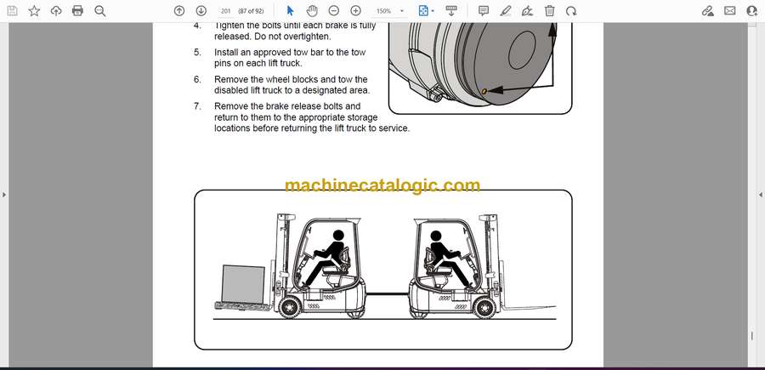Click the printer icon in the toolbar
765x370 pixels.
[x=77, y=11]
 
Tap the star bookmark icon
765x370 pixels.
[x=34, y=11]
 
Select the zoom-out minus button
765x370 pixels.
[x=334, y=11]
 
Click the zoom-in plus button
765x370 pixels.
[x=355, y=11]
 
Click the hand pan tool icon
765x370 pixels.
[x=312, y=11]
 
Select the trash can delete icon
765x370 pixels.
[x=549, y=11]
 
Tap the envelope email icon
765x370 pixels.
[x=730, y=11]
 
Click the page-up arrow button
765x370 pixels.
[x=179, y=11]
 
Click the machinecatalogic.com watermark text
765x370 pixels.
[x=382, y=185]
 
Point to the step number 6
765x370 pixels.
[x=197, y=80]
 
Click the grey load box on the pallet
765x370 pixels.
[x=243, y=283]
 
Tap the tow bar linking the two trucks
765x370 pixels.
[x=388, y=293]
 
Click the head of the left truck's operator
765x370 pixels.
[x=338, y=236]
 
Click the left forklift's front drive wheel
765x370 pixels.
[x=289, y=308]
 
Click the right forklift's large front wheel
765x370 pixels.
[x=484, y=308]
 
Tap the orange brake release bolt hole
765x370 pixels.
[x=484, y=91]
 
